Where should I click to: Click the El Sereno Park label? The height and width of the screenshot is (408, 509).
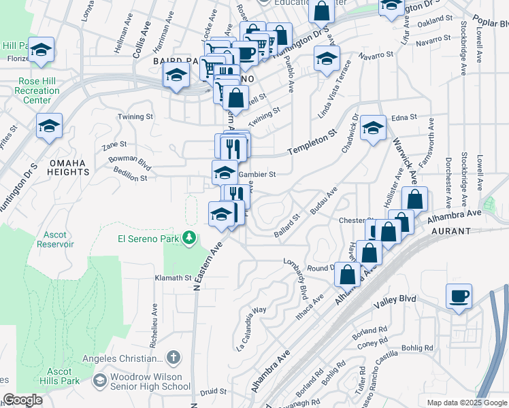[149, 239]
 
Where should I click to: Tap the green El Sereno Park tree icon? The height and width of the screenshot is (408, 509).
[193, 239]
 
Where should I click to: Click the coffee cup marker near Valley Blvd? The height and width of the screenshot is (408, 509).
[459, 296]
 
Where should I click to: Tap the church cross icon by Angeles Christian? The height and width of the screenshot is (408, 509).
[174, 358]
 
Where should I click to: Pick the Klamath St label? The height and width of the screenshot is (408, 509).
[174, 278]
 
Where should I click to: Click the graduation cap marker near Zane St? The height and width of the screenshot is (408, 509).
[49, 126]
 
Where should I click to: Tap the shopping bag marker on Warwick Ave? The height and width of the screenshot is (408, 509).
[414, 200]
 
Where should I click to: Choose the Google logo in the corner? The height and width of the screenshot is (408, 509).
[22, 400]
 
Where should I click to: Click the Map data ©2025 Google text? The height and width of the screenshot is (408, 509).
[466, 403]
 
